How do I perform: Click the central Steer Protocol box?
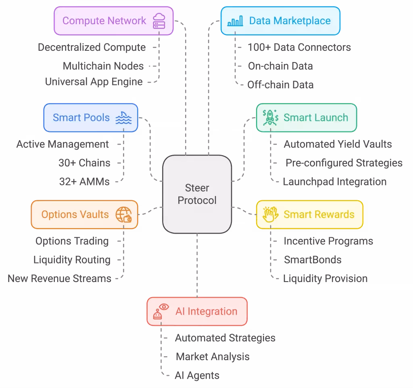[x=197, y=194]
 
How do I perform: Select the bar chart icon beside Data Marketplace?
[x=235, y=21]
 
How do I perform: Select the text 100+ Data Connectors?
[x=299, y=48]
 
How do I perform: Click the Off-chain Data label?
[x=280, y=85]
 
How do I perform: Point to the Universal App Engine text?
[x=94, y=82]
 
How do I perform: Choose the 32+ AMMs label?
[x=84, y=182]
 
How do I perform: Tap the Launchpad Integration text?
[x=335, y=182]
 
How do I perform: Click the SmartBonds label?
[x=313, y=260]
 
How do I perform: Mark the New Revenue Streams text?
[x=59, y=278]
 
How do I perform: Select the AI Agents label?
[x=197, y=376]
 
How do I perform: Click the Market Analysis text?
[x=213, y=357]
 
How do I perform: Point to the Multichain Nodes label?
[x=103, y=66]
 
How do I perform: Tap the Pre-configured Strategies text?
[x=344, y=163]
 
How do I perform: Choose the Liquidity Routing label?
[x=72, y=260]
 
